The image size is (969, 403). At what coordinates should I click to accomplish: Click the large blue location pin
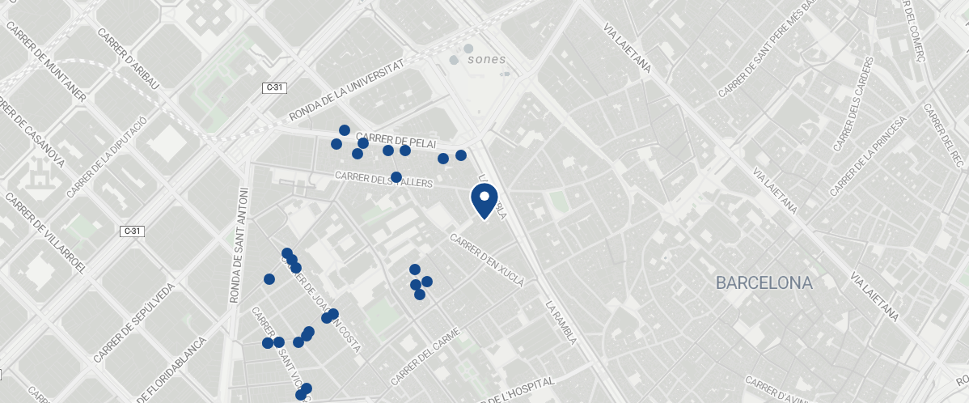pos(484,200)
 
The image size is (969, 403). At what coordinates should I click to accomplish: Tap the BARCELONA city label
pos(764,283)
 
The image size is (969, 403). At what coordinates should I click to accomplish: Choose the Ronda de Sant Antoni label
pos(239,245)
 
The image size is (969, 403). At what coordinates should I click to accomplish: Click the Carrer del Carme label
pos(425,355)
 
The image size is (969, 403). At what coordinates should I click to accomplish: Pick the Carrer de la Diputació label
pos(108,157)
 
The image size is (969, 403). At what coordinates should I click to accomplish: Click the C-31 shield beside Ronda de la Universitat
pos(274,87)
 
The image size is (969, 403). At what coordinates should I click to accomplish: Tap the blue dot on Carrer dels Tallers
pos(396,177)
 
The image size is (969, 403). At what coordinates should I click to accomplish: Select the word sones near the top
pos(486,59)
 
